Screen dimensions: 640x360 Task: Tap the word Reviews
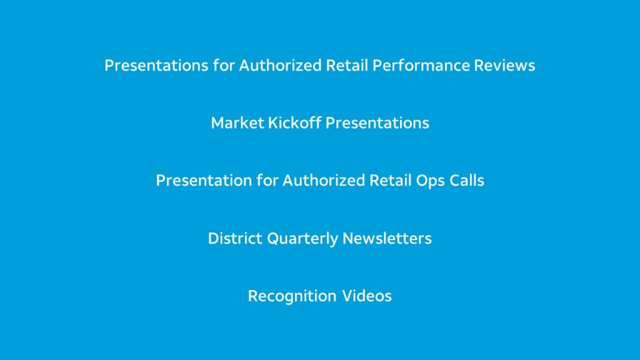point(504,65)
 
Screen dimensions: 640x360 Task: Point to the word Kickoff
point(294,123)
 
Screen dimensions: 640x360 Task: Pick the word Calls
point(467,181)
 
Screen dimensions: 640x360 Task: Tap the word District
point(235,238)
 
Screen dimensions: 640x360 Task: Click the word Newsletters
point(387,238)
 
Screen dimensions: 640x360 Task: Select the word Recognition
point(292,296)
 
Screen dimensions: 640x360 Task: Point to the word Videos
point(366,296)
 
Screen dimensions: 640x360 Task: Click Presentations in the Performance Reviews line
point(156,65)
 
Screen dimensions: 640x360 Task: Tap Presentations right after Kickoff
point(377,123)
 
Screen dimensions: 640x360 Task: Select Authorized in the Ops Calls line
point(324,181)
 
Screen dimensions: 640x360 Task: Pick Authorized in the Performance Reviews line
point(281,65)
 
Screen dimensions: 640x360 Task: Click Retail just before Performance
point(347,65)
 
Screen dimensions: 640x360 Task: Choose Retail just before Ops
point(390,181)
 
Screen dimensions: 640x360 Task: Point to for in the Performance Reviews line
point(224,65)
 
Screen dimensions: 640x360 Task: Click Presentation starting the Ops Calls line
point(204,181)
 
